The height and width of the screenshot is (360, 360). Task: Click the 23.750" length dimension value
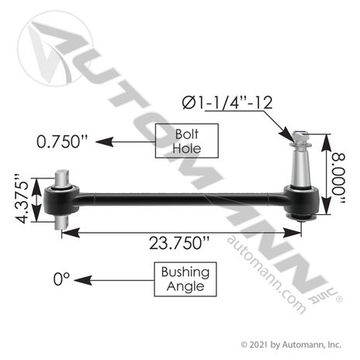tap(179, 243)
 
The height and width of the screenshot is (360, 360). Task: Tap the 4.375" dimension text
tap(22, 199)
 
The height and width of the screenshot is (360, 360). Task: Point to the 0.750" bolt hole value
tap(62, 141)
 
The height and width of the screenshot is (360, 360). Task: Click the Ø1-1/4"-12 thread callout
tap(227, 102)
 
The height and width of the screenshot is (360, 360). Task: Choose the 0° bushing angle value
tap(61, 279)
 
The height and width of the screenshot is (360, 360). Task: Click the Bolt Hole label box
tap(187, 140)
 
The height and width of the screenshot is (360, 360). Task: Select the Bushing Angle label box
tap(185, 279)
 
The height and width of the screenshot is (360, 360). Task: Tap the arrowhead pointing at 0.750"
tap(104, 142)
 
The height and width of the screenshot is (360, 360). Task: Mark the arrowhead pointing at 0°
tap(83, 280)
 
